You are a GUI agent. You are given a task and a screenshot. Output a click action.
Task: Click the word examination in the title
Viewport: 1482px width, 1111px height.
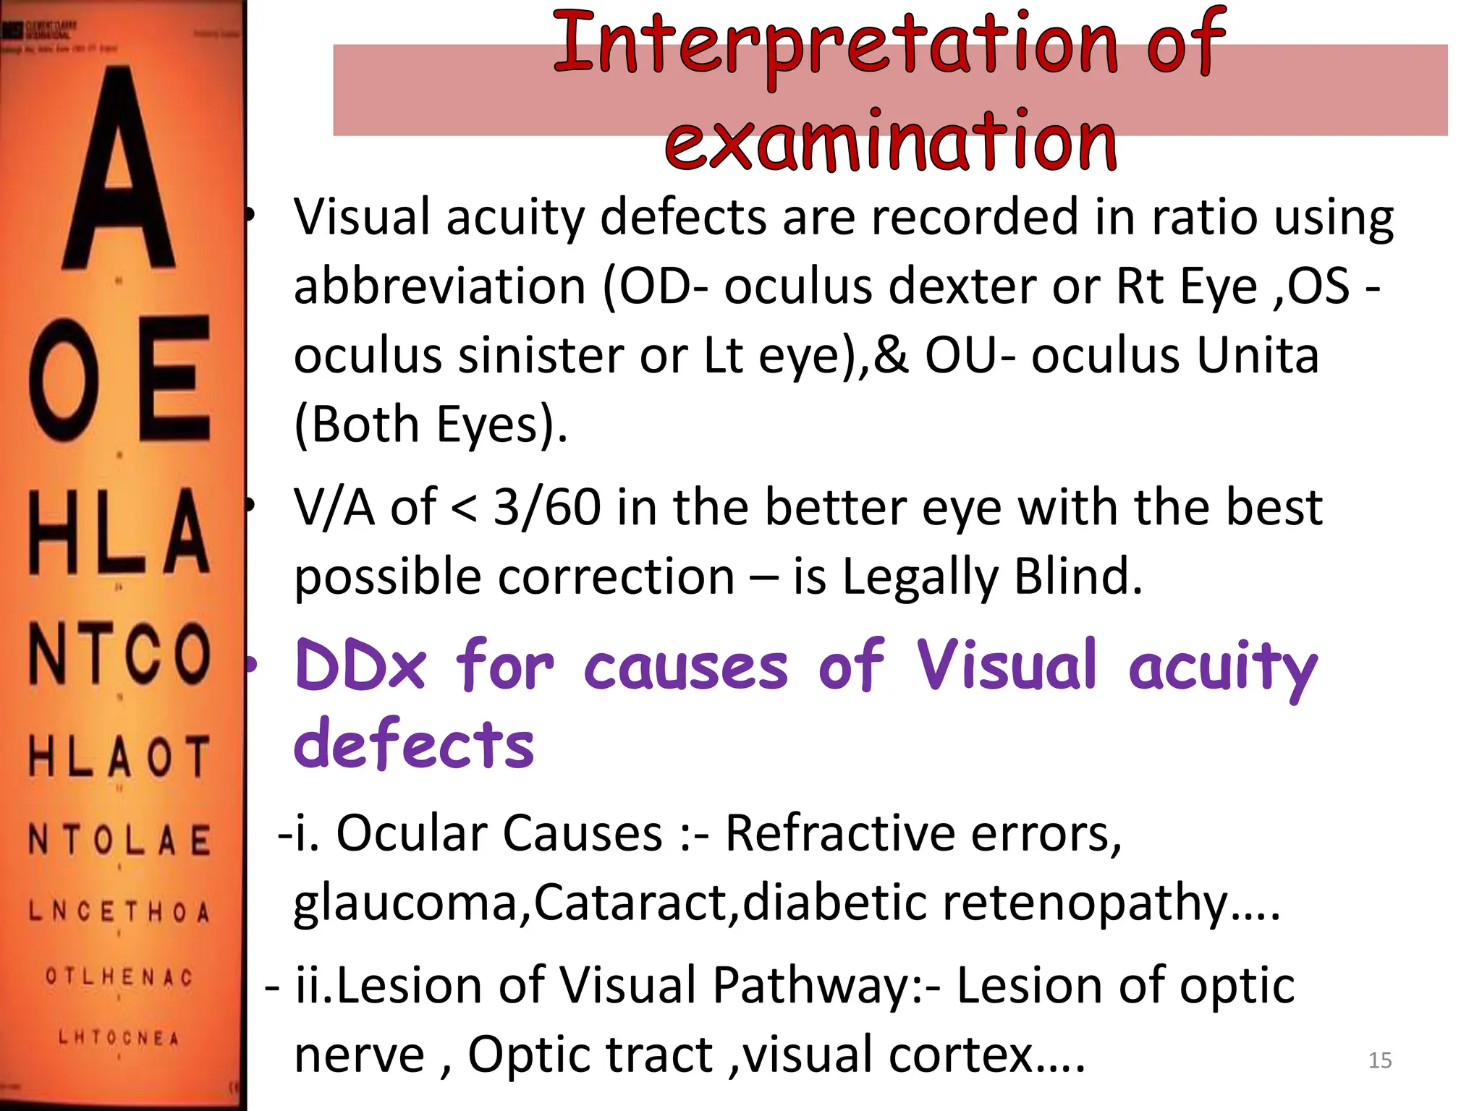coord(891,142)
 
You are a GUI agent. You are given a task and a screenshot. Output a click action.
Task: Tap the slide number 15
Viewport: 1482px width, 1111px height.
coord(1379,1060)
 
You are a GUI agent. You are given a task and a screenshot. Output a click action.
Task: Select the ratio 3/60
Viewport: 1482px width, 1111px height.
coord(547,508)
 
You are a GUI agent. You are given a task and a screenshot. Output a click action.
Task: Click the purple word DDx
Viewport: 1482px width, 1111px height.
coord(360,666)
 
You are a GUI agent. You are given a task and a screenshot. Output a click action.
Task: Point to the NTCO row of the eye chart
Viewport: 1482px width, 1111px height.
coord(119,655)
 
